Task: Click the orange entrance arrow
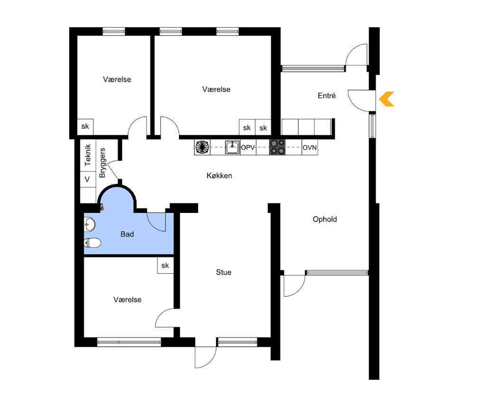tap(387, 99)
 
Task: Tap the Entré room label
tap(327, 96)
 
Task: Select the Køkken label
tap(219, 175)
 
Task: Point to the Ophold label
tap(325, 219)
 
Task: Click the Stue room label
tap(224, 272)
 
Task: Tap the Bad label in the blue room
tap(127, 234)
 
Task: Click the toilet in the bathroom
tap(93, 243)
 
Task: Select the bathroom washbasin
tap(90, 224)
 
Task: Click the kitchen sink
tap(232, 147)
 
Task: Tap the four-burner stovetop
tap(278, 147)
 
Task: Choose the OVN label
tap(309, 148)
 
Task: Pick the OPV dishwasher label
tap(248, 148)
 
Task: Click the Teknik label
tap(88, 155)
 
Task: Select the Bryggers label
tap(103, 163)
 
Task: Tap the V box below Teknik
tap(87, 179)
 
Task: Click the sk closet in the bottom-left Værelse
tap(165, 265)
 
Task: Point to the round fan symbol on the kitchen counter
tap(202, 147)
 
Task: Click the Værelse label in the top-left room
tap(117, 79)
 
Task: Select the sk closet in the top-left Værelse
tap(85, 126)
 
